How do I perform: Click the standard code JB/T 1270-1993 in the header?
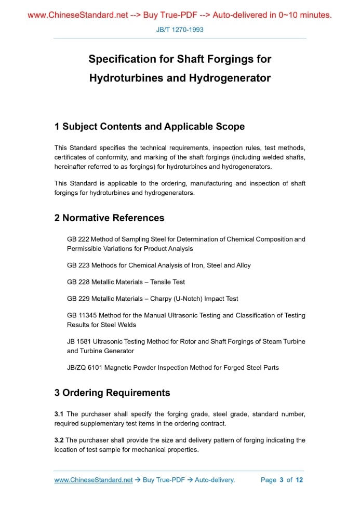tap(180, 30)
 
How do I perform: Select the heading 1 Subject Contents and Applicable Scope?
tap(149, 127)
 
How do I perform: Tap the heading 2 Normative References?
tap(109, 218)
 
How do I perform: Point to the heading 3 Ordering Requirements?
tap(112, 393)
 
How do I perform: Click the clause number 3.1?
tap(59, 414)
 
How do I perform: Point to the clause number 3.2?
tap(59, 440)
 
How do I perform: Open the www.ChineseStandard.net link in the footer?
tap(94, 480)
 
